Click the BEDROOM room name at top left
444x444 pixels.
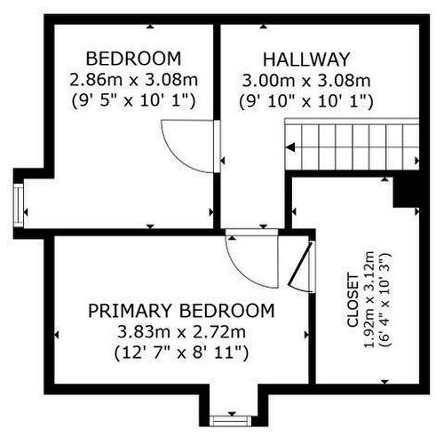coord(133,59)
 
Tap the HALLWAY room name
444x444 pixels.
coord(306,59)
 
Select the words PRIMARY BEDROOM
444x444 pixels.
coord(181,311)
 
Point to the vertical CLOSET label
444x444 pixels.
coord(353,301)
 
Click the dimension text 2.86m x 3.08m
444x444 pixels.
coord(133,80)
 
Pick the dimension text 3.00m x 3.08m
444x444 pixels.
coord(306,81)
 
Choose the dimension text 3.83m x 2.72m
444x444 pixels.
coord(181,332)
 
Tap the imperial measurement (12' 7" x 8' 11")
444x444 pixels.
coord(181,353)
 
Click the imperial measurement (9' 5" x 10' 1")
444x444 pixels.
coord(133,101)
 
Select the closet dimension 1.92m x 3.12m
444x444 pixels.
coord(369,299)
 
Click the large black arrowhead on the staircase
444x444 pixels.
coord(290,147)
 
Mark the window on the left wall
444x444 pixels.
coord(20,205)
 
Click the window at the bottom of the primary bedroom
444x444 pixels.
coord(230,421)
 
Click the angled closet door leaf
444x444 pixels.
coord(299,264)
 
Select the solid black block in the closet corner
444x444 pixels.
coord(406,192)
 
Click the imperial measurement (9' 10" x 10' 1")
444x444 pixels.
coord(306,101)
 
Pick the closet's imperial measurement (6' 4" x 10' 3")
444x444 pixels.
coord(385,299)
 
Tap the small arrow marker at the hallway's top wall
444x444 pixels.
coord(263,27)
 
